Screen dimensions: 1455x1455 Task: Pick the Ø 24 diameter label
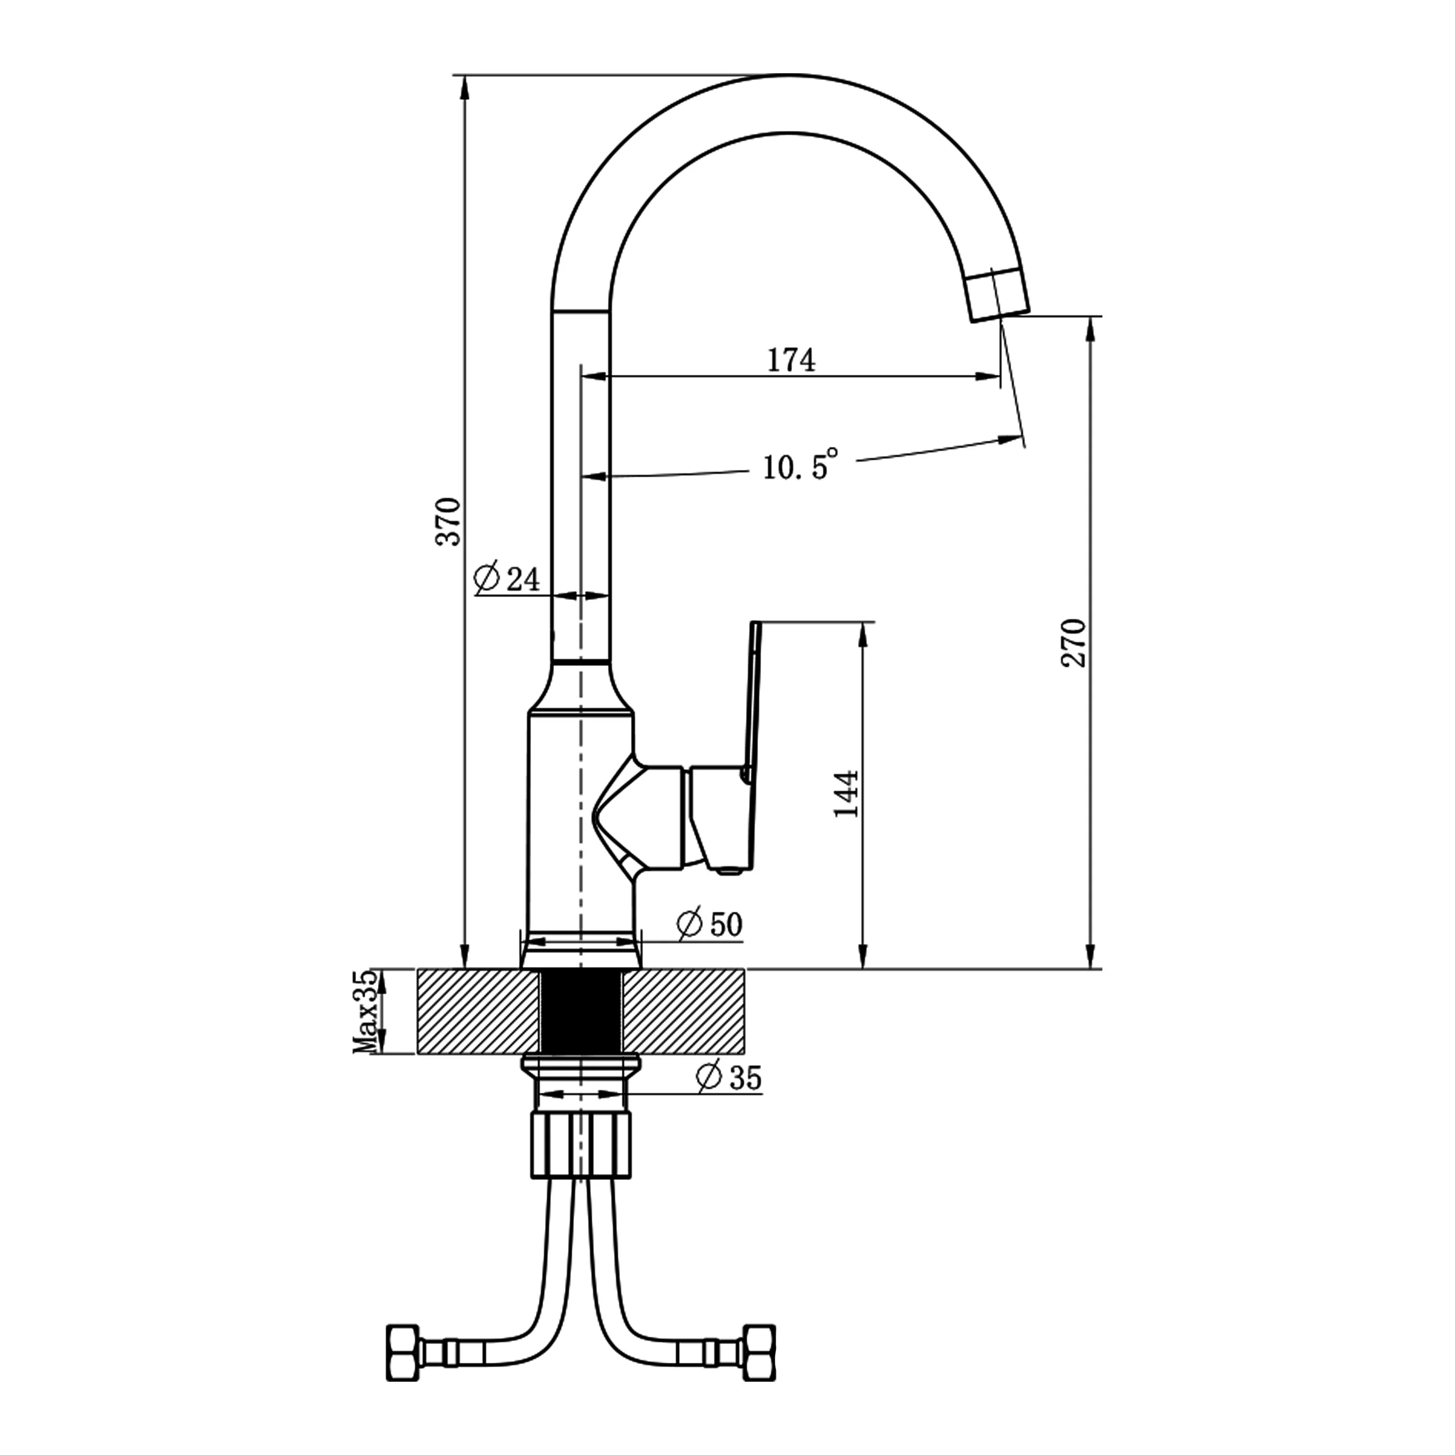[x=508, y=579]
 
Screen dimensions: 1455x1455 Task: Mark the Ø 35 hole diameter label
[x=729, y=1079]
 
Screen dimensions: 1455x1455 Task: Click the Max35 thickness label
[x=365, y=1011]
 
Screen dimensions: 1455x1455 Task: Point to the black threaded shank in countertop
[x=580, y=1011]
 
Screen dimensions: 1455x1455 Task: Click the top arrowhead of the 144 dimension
[x=864, y=634]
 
